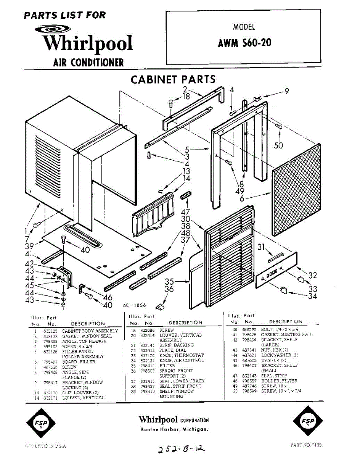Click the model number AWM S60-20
click(244, 43)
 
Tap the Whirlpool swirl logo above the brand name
click(52, 29)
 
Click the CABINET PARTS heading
click(173, 79)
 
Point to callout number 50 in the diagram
click(279, 145)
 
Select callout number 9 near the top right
click(286, 91)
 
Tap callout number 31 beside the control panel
click(261, 247)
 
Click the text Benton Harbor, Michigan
click(174, 430)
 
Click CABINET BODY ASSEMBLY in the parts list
click(90, 331)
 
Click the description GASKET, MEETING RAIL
click(287, 335)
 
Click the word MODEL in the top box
click(244, 27)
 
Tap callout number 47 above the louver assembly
click(186, 212)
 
